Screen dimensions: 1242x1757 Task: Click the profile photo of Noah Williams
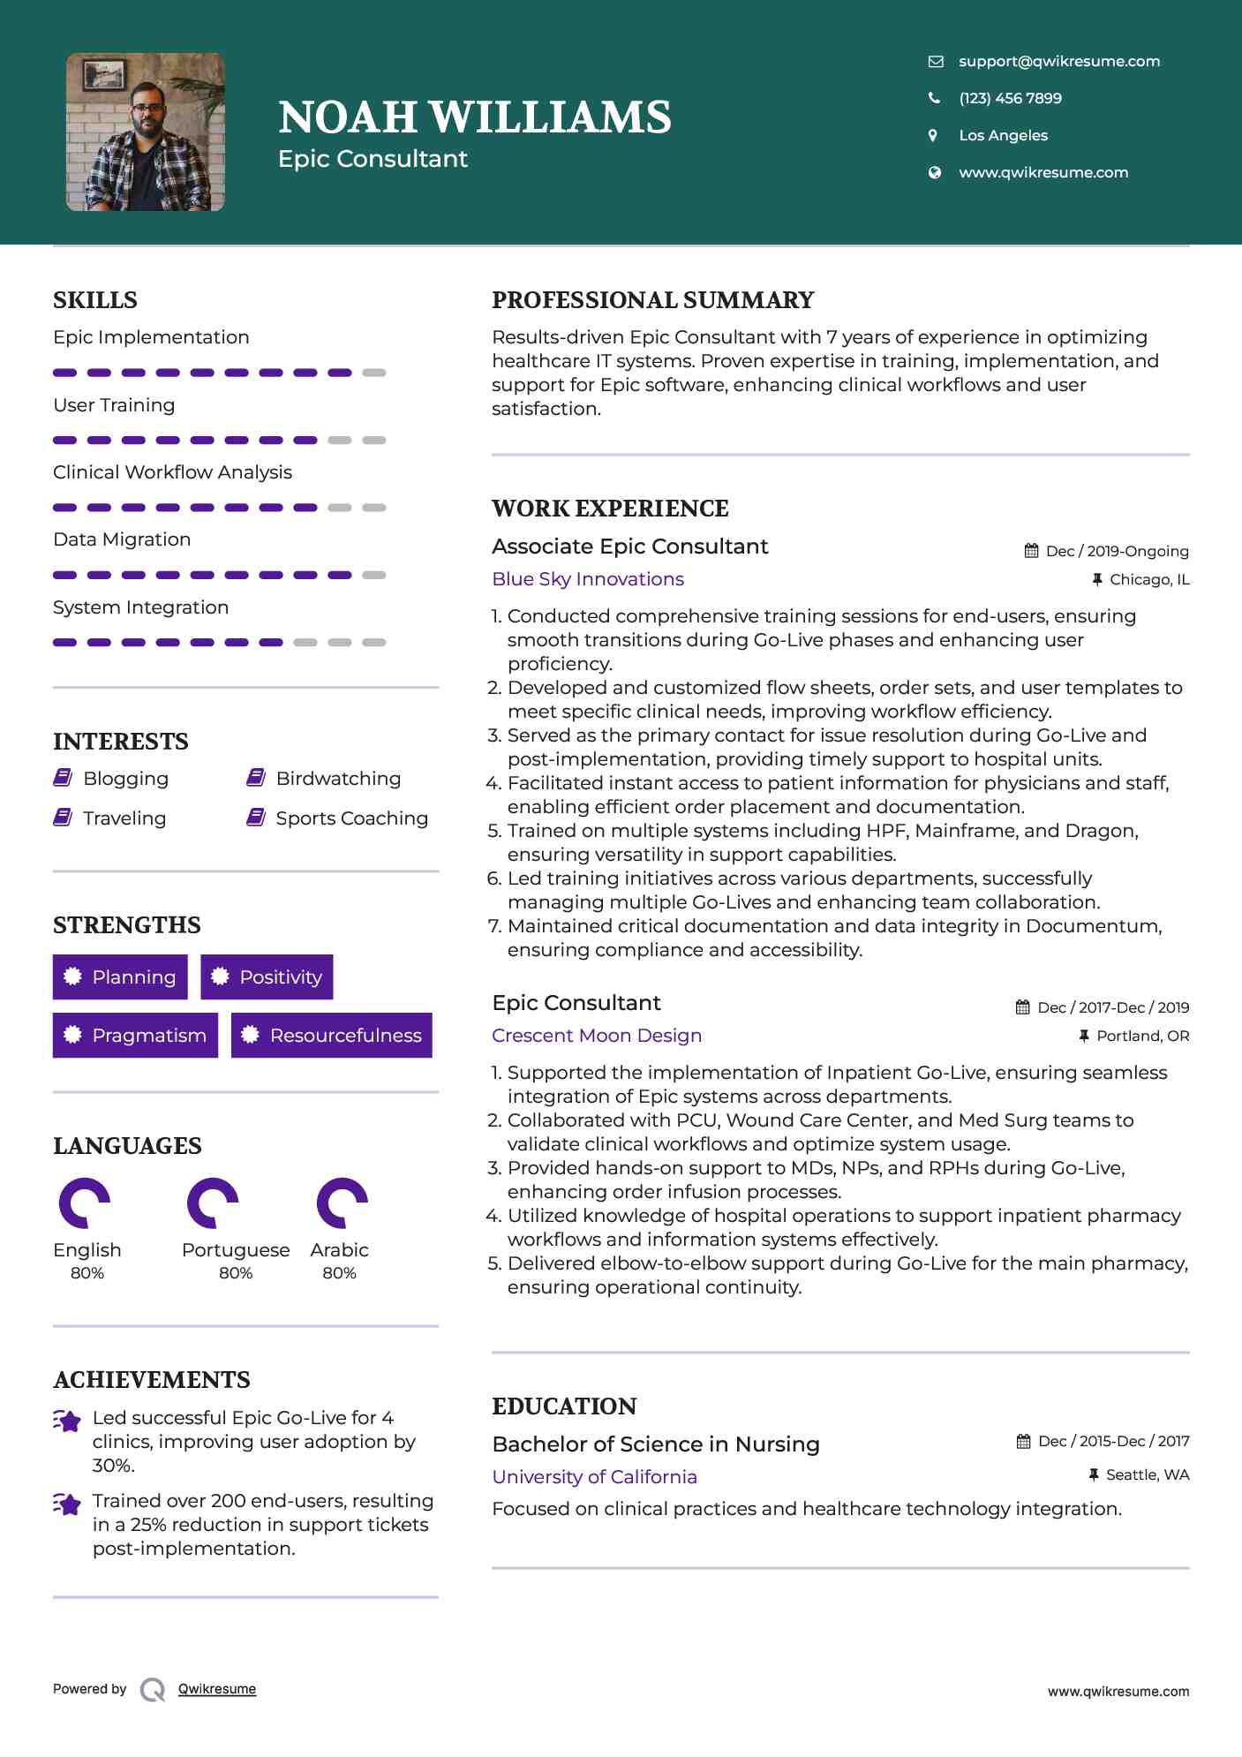click(x=146, y=132)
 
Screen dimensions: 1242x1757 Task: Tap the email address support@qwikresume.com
click(x=1058, y=62)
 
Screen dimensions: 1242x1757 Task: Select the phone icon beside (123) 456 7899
click(x=934, y=98)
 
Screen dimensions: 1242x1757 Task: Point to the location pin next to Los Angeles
click(x=933, y=135)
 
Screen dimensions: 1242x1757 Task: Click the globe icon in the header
click(x=934, y=172)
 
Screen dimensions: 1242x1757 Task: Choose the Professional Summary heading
click(x=652, y=300)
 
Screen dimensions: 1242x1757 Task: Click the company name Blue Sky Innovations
click(x=588, y=579)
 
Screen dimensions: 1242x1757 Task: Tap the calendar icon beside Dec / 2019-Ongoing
click(x=1031, y=551)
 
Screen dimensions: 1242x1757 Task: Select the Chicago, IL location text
click(x=1149, y=580)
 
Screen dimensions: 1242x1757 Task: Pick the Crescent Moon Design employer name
click(x=597, y=1036)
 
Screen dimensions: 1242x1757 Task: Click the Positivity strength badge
click(x=267, y=977)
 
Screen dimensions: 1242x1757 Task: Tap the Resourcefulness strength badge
click(x=332, y=1036)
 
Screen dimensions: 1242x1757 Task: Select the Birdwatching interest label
click(x=338, y=779)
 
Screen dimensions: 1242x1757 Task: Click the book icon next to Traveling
click(x=63, y=818)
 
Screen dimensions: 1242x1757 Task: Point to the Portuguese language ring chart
click(x=213, y=1203)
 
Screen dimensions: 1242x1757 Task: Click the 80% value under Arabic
click(x=339, y=1273)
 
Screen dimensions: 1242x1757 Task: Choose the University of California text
click(x=594, y=1477)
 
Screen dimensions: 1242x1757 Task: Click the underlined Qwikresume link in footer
click(x=217, y=1689)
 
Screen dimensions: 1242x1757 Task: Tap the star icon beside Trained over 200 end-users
click(x=66, y=1504)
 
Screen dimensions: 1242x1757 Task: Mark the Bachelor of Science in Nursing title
click(x=656, y=1444)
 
